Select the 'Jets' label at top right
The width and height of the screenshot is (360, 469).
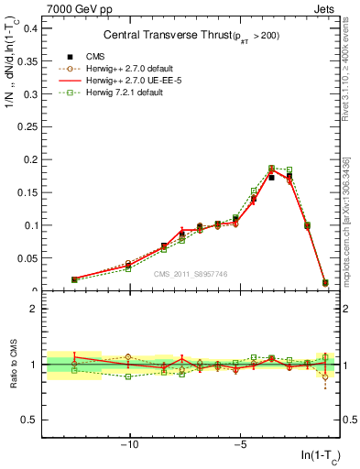(x=326, y=9)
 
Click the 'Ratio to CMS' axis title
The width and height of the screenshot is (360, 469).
(x=14, y=364)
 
